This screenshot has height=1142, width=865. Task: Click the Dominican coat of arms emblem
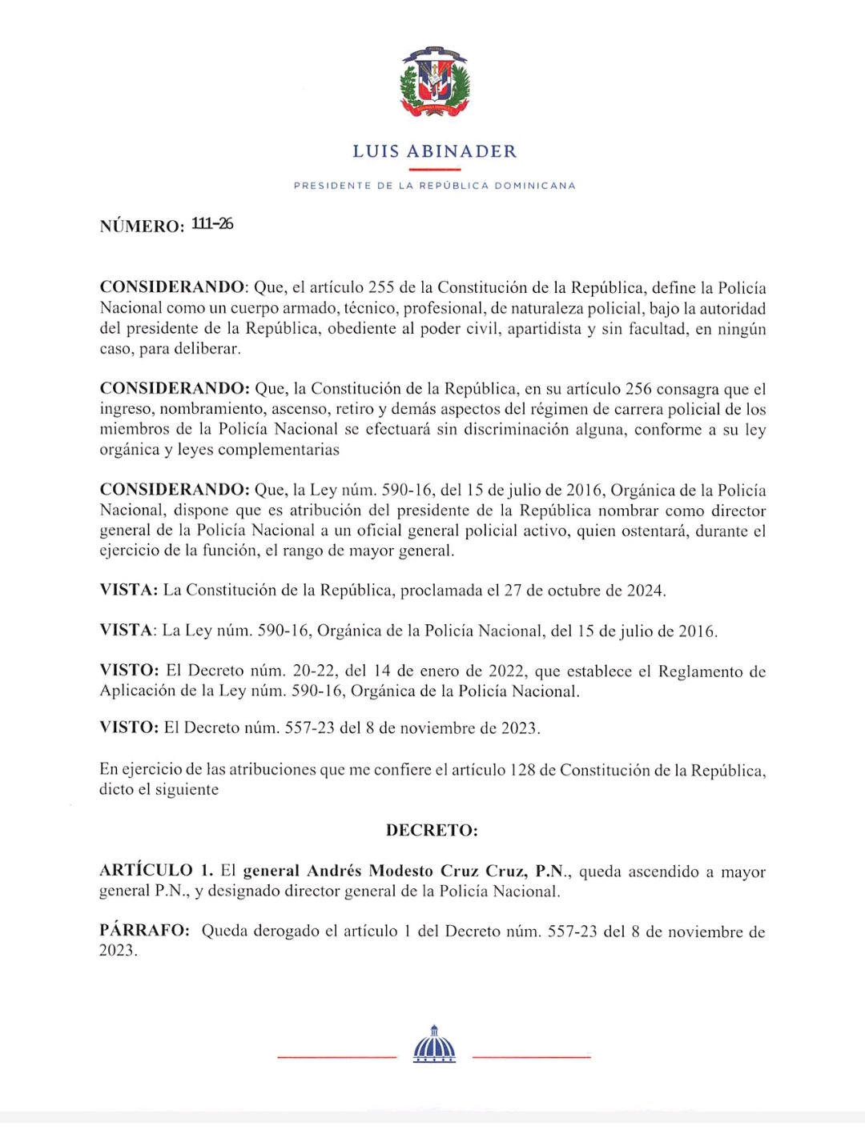click(x=435, y=82)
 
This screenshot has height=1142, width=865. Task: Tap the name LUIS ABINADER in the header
click(x=435, y=151)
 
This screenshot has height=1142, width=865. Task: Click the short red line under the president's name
click(x=435, y=170)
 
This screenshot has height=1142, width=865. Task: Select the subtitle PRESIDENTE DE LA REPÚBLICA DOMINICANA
click(x=435, y=186)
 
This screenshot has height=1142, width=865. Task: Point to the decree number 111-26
click(x=212, y=224)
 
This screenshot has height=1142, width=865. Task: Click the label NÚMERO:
click(x=142, y=226)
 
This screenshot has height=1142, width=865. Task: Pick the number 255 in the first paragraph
click(x=380, y=287)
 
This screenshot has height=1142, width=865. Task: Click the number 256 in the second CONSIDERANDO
click(x=638, y=389)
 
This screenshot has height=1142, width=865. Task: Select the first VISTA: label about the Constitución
click(x=129, y=591)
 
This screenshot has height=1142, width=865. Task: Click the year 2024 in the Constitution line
click(x=645, y=591)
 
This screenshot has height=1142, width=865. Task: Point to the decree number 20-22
click(x=315, y=671)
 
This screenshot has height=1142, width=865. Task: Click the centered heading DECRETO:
click(x=432, y=830)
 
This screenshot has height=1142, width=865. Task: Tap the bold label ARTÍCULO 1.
click(x=156, y=871)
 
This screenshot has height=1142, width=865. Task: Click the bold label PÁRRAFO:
click(x=144, y=931)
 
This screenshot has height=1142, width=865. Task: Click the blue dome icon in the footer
click(x=434, y=1044)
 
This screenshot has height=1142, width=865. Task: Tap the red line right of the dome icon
click(x=531, y=1057)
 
